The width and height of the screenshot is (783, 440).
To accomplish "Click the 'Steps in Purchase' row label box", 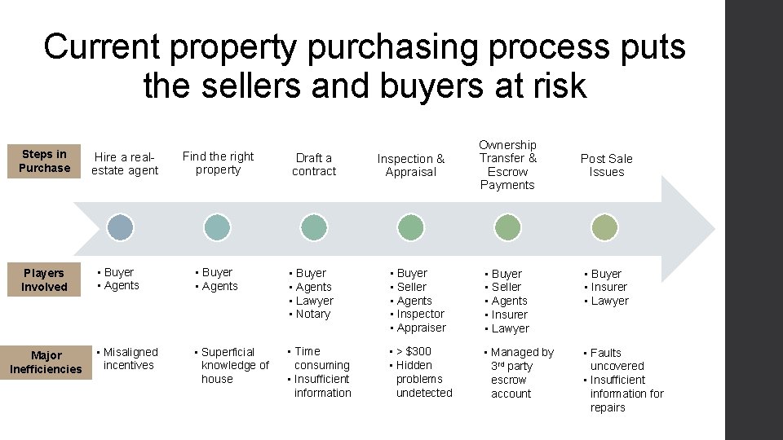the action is tap(45, 161).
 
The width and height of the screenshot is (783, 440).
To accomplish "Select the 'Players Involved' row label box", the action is tap(45, 279).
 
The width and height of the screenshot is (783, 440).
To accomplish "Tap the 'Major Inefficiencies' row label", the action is tap(46, 362).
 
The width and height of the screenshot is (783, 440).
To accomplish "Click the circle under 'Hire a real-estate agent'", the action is tap(121, 227).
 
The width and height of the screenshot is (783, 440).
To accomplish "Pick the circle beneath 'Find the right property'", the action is tap(217, 227).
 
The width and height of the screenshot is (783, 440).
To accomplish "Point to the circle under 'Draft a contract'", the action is tap(313, 227).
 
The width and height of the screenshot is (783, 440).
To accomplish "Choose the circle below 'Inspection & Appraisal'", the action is tap(410, 227).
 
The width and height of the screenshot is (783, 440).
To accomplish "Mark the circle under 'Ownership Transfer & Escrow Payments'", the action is tap(507, 227).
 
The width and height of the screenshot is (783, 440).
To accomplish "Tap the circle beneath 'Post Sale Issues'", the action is tap(604, 227).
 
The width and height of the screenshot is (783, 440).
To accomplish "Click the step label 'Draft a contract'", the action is tap(314, 165).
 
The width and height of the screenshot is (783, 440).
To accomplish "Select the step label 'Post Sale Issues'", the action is tap(606, 165).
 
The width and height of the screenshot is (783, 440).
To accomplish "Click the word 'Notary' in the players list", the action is tap(313, 315).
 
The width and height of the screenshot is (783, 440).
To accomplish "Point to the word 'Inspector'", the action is tap(420, 315).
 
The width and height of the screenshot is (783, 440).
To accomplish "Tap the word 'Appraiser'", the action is tap(421, 328).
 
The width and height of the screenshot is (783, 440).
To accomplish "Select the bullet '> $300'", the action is tap(414, 352).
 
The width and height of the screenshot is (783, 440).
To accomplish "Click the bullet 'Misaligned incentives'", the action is tap(129, 359).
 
